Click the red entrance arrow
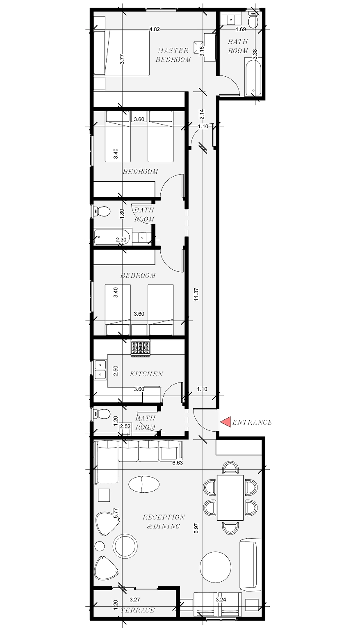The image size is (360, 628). pyautogui.click(x=225, y=421)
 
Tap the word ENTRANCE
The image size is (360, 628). pyautogui.click(x=252, y=422)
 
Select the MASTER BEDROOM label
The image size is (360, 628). pyautogui.click(x=174, y=55)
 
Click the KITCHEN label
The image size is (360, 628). pyautogui.click(x=146, y=374)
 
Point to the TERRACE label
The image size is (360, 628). pyautogui.click(x=137, y=610)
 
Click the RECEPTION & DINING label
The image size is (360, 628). pyautogui.click(x=164, y=521)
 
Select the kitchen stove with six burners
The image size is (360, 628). pyautogui.click(x=140, y=348)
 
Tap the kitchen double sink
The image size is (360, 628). pyautogui.click(x=100, y=369)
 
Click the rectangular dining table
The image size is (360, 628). pyautogui.click(x=230, y=497)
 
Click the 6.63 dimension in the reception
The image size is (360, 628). pyautogui.click(x=178, y=463)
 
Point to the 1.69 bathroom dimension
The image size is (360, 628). pyautogui.click(x=241, y=29)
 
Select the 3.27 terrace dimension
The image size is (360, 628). pyautogui.click(x=134, y=599)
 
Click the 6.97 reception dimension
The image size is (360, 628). pyautogui.click(x=197, y=528)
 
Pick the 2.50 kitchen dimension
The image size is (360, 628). pyautogui.click(x=116, y=371)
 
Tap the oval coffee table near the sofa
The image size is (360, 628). pyautogui.click(x=144, y=484)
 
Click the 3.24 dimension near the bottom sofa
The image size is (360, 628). pyautogui.click(x=221, y=600)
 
